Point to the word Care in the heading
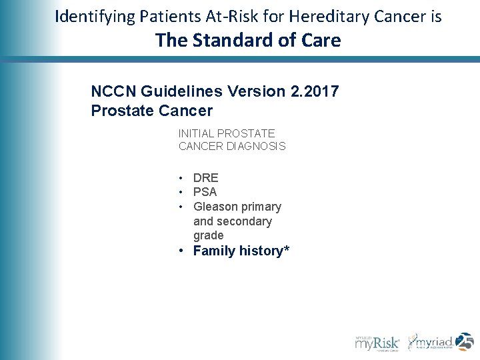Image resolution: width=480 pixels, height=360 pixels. click(x=319, y=41)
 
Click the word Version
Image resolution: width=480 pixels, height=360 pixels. click(x=250, y=91)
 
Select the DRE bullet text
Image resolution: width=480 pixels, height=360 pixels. click(x=205, y=178)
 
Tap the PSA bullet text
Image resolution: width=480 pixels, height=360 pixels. click(x=205, y=192)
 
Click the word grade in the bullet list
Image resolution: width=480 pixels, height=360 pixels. click(x=208, y=235)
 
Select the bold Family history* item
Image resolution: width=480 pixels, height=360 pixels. click(x=241, y=251)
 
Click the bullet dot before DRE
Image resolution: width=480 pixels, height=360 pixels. click(x=181, y=178)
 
